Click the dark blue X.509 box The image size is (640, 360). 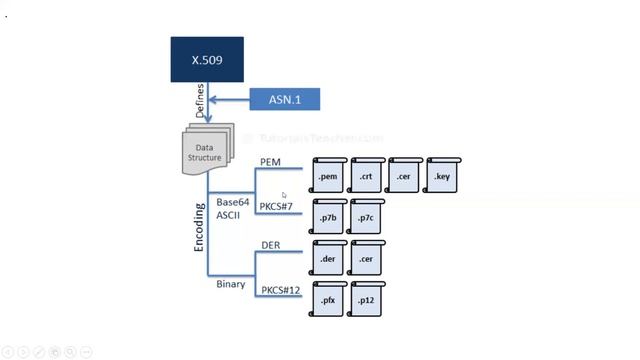206,61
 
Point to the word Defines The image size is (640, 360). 200,101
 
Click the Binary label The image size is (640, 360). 231,284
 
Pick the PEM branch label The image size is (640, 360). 270,161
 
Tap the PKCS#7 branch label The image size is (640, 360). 275,207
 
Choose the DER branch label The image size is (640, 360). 270,245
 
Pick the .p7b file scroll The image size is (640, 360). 329,217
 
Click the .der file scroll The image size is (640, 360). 329,258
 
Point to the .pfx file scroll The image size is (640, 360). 329,299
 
